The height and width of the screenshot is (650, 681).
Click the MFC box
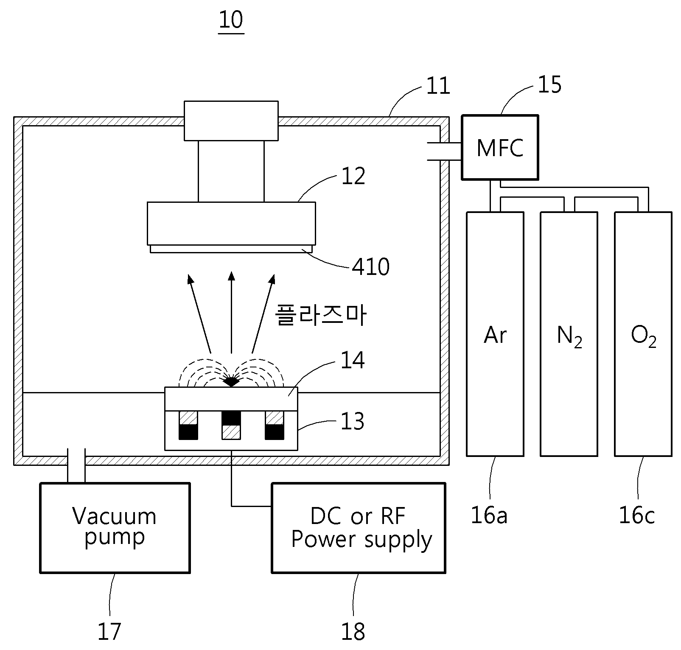[500, 147]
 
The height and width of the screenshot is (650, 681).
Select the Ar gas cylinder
[495, 334]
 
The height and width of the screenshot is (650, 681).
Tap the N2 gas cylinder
[569, 334]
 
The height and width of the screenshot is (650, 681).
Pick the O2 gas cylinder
[643, 334]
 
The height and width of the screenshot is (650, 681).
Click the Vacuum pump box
[115, 528]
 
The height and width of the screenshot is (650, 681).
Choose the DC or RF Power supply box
[359, 528]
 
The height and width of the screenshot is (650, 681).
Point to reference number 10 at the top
[231, 20]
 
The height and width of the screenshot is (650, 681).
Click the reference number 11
[438, 86]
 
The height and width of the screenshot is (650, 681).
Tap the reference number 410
[371, 267]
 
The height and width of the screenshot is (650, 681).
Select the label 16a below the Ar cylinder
[489, 516]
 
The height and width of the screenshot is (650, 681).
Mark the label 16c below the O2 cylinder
[637, 516]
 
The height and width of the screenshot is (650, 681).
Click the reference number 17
[109, 631]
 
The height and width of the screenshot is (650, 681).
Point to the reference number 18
[353, 631]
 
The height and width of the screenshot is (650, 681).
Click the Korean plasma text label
[321, 315]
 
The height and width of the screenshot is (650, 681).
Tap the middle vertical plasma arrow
[231, 313]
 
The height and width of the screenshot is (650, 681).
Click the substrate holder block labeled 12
[231, 224]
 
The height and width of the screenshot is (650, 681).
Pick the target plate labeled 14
[231, 399]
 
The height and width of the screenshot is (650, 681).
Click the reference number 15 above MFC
[549, 85]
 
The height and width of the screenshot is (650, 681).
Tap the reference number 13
[353, 422]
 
